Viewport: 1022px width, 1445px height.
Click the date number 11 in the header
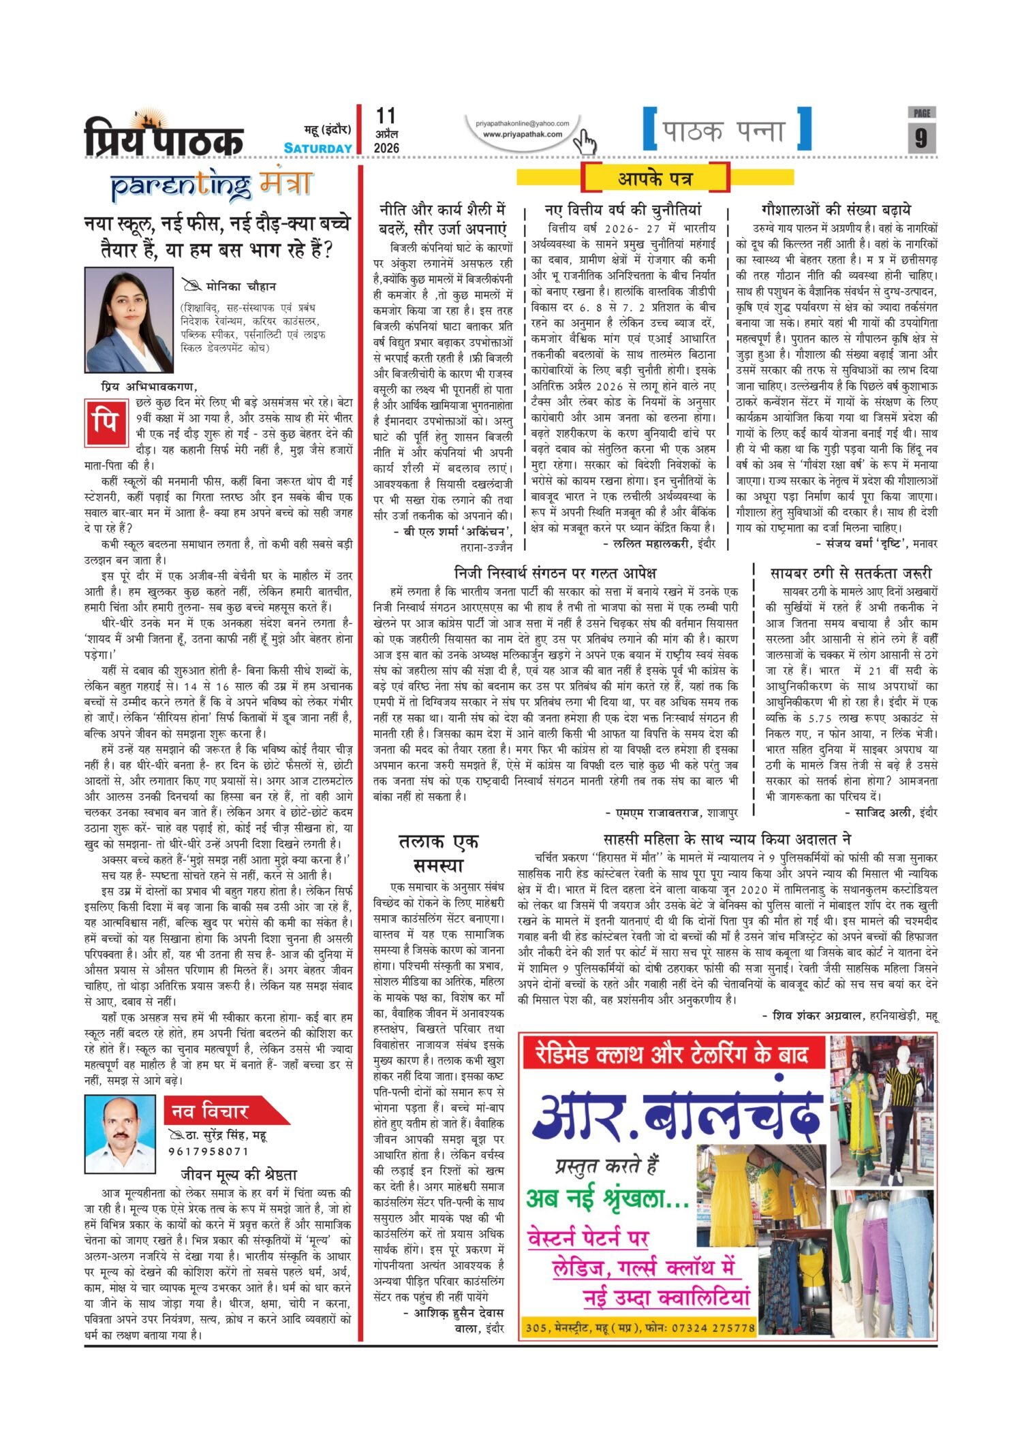click(x=385, y=116)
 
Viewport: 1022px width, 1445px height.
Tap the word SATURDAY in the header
click(x=318, y=148)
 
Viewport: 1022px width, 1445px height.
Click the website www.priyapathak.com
click(x=523, y=134)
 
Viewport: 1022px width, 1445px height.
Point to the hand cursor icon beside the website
click(x=584, y=141)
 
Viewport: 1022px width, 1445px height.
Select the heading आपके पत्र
click(x=655, y=178)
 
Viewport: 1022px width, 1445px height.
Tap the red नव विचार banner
click(x=218, y=1111)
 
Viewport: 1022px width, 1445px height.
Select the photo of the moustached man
click(x=119, y=1134)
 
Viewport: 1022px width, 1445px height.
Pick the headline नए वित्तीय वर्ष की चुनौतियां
click(x=622, y=210)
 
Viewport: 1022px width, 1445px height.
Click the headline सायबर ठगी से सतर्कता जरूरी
click(x=850, y=573)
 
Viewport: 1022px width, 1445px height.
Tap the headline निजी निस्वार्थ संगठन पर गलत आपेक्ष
click(x=555, y=573)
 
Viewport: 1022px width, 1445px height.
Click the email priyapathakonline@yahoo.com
click(x=523, y=123)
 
